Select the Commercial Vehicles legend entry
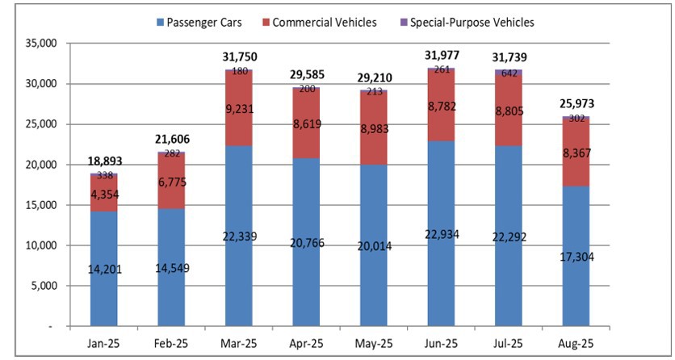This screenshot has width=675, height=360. coord(324,22)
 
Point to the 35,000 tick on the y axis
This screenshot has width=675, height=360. coord(36,44)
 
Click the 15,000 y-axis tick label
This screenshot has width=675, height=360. coord(36,205)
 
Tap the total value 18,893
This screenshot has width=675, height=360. coord(104,161)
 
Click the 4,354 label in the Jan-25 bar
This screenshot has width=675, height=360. coord(104,194)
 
